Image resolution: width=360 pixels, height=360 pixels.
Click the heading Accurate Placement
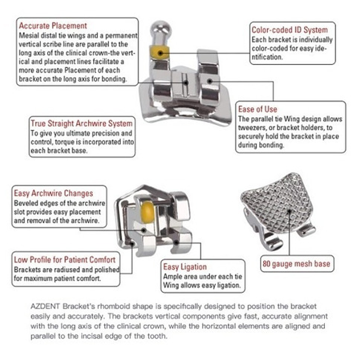(53, 26)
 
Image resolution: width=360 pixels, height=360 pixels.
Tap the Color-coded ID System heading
(289, 30)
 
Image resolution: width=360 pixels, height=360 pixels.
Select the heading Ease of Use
(258, 109)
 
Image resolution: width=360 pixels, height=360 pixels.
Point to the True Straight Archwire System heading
(81, 124)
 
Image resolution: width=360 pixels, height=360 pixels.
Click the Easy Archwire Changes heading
(54, 193)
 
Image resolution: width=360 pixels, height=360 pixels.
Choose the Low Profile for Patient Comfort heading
(64, 260)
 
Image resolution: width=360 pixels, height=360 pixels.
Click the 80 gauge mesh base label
(296, 264)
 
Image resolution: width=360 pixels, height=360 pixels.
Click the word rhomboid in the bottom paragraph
(118, 306)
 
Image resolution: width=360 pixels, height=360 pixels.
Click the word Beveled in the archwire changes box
(27, 203)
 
